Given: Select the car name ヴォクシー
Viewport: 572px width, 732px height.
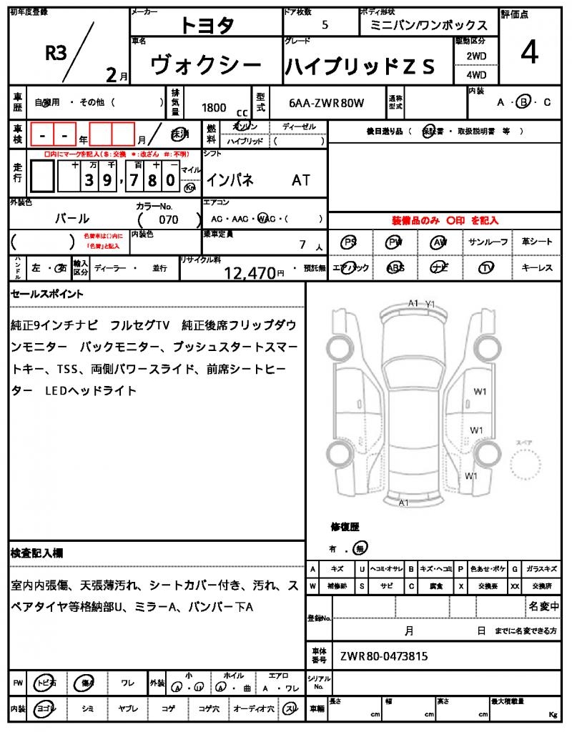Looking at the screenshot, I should (x=206, y=66).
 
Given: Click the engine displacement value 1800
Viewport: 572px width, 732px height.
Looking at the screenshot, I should (x=214, y=107).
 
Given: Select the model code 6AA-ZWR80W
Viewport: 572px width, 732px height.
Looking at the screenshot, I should (x=326, y=103).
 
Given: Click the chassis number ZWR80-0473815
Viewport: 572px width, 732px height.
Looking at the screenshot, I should (x=384, y=656).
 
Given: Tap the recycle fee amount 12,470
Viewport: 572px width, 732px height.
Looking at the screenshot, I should (x=250, y=272).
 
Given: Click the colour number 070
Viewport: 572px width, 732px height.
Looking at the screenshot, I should (x=169, y=219).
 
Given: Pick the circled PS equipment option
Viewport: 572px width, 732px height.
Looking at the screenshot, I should (x=350, y=242).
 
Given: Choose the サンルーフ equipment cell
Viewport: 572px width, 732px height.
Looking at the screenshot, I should (x=488, y=242).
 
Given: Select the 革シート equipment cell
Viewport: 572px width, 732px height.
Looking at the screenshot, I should (x=536, y=242).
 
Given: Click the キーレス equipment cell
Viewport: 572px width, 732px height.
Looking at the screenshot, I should (x=536, y=267).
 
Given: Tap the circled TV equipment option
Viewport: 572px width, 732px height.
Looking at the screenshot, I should (x=488, y=267).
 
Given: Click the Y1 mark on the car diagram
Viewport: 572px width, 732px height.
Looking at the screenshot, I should (x=430, y=304).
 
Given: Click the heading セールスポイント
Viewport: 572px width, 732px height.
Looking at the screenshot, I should (x=47, y=293).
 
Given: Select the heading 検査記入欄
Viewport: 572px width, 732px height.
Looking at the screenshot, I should (x=37, y=553).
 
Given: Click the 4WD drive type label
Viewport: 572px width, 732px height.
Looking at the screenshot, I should (x=476, y=74).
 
